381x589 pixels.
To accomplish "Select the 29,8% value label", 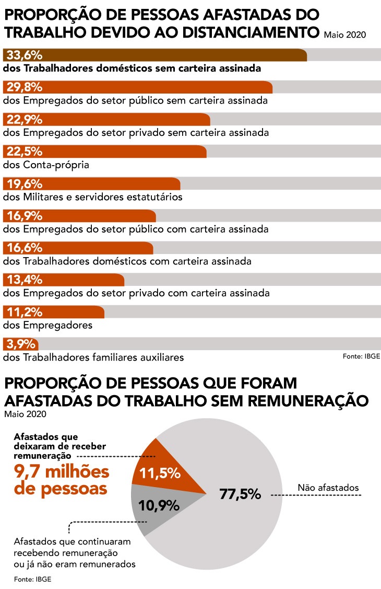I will [25, 87].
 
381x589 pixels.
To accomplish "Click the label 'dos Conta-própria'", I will [46, 165].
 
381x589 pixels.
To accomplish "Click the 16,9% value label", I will [25, 216].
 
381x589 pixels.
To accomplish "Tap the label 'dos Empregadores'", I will [47, 325].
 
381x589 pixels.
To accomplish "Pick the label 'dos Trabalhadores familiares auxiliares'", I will [93, 357].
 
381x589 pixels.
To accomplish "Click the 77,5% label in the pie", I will [240, 493].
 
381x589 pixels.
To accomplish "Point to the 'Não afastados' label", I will [328, 488].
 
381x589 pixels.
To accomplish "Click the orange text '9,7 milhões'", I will [61, 471].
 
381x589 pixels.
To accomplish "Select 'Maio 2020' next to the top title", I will [344, 36].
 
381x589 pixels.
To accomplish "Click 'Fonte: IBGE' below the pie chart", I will [33, 579].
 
